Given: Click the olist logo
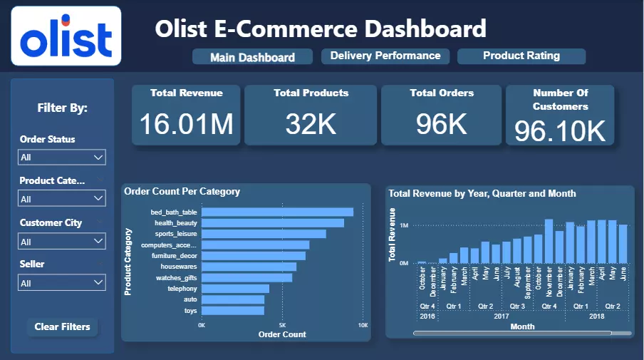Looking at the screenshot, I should (66, 36).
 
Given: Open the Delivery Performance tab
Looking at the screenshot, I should (385, 56).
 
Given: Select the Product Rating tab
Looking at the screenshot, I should (521, 56).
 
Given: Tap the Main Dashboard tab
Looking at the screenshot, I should (252, 57).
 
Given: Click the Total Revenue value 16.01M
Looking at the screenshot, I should (186, 124).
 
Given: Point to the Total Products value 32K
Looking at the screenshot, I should (311, 124).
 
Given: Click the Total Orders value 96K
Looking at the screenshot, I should (442, 124).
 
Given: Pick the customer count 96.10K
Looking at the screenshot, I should (560, 130).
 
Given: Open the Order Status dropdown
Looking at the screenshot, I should (63, 158).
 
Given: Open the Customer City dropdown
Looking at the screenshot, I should (63, 242).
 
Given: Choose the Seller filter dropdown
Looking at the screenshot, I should (63, 283).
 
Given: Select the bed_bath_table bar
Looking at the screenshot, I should (277, 212).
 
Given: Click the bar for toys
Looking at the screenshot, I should (233, 310).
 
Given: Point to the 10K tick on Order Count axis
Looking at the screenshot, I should (363, 325).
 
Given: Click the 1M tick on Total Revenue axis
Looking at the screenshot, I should (403, 225).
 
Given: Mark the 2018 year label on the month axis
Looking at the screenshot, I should (596, 316).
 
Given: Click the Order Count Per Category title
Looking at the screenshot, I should (182, 192).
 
